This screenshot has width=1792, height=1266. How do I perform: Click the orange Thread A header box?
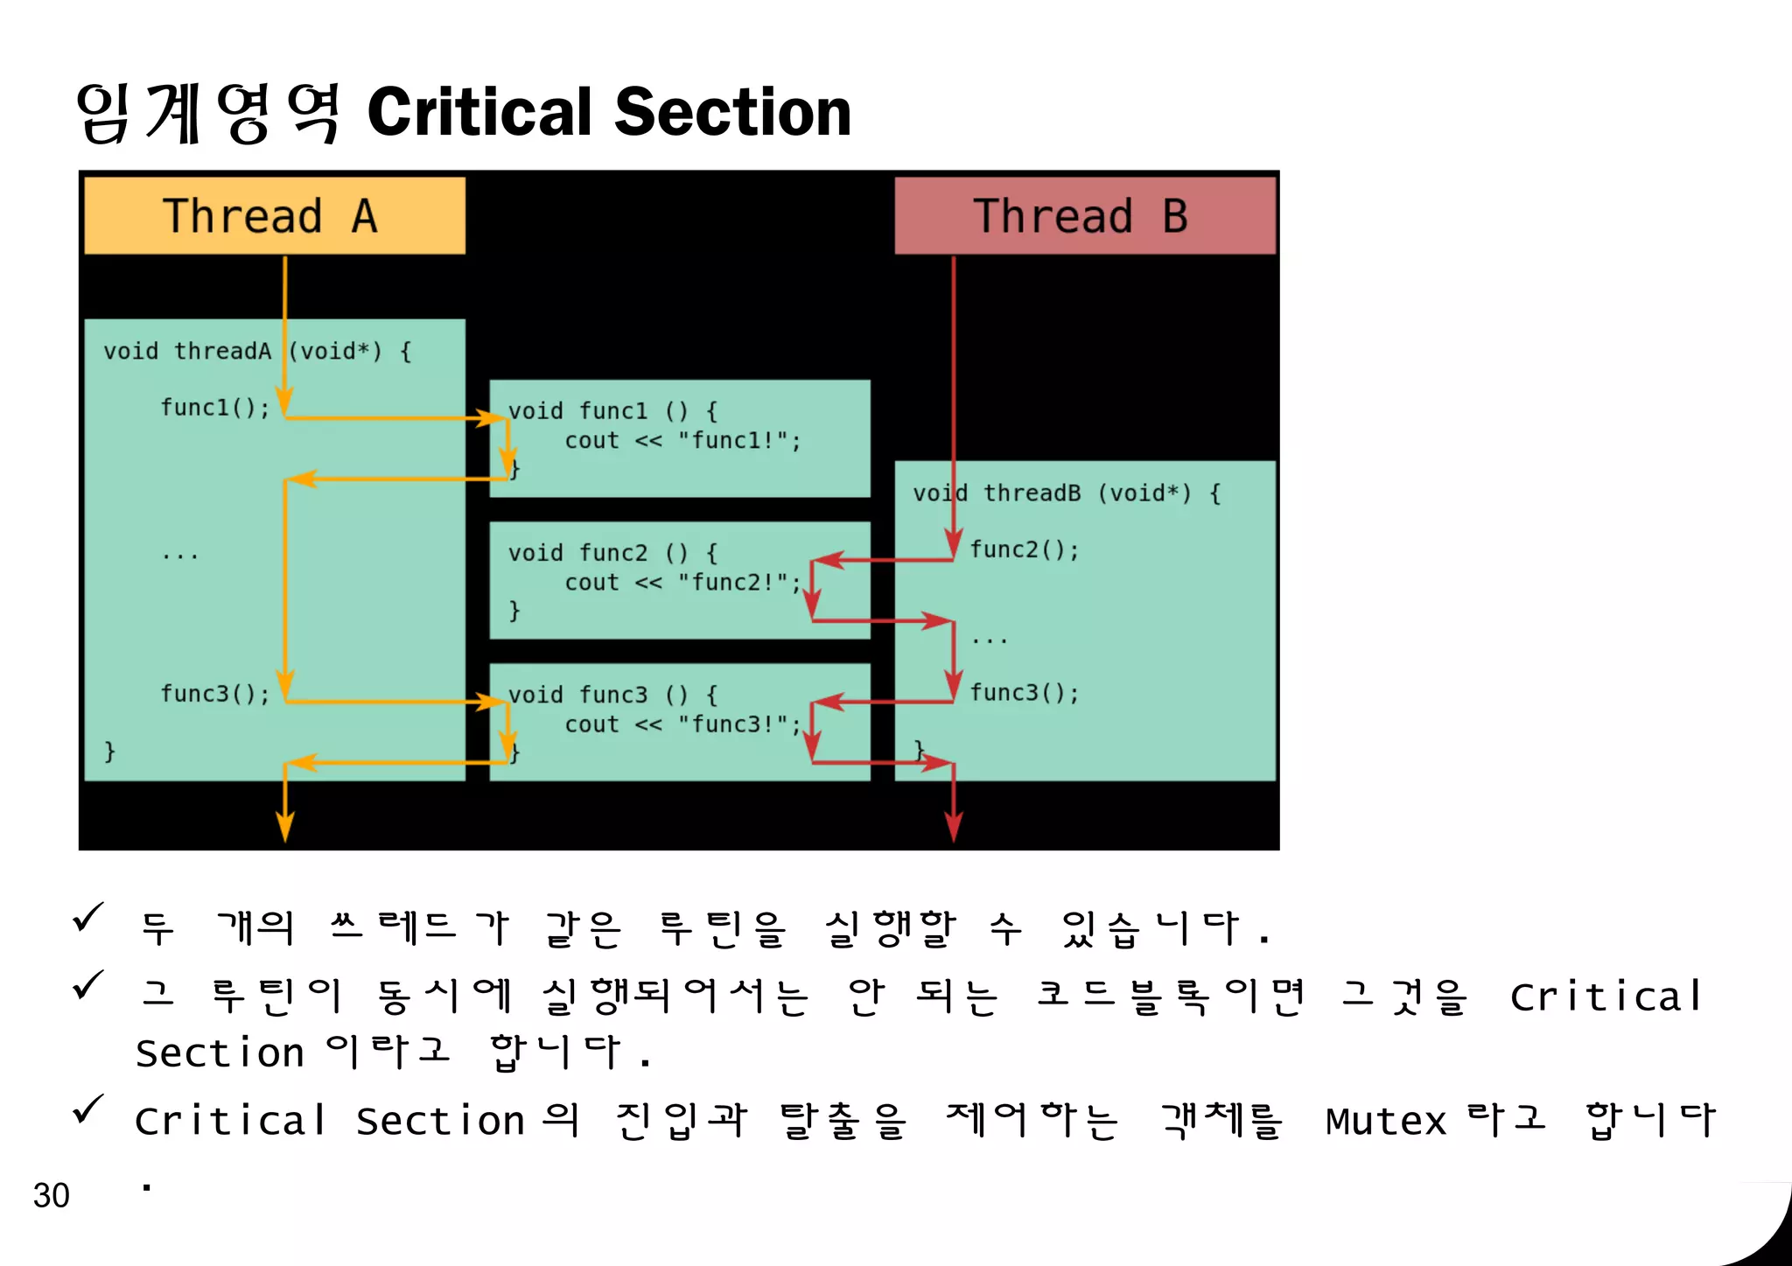coord(274,216)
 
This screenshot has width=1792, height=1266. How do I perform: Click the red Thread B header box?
coord(1084,216)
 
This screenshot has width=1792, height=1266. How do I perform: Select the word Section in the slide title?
coord(732,113)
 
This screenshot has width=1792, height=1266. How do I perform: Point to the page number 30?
coord(51,1195)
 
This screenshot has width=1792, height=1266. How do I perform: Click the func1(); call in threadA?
coord(214,408)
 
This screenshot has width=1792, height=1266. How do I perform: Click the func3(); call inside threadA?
coord(214,694)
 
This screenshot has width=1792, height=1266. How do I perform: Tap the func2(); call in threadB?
coord(1024,549)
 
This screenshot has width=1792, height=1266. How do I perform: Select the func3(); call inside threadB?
coord(1024,693)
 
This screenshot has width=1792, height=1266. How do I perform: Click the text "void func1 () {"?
coord(612,410)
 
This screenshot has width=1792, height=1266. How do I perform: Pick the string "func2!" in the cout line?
coord(735,583)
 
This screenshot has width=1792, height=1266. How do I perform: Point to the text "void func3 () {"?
coord(612,695)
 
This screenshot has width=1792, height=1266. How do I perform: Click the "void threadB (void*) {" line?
coord(1066,493)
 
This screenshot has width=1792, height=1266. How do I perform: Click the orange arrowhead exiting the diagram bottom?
coord(285,826)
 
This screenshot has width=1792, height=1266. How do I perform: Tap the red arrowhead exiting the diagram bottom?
coord(954,826)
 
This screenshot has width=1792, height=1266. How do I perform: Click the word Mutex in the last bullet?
coord(1386,1122)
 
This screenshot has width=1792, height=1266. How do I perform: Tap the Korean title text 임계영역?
coord(208,113)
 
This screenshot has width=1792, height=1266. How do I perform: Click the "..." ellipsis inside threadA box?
coord(180,555)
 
